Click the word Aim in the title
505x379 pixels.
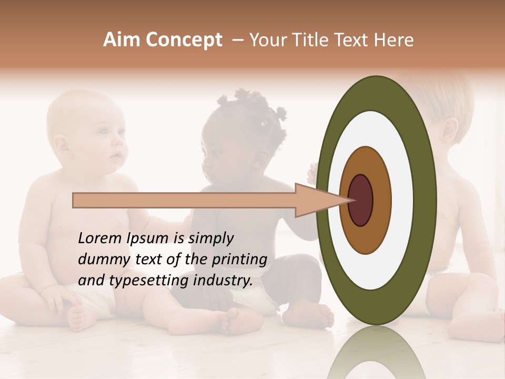pyautogui.click(x=122, y=40)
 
